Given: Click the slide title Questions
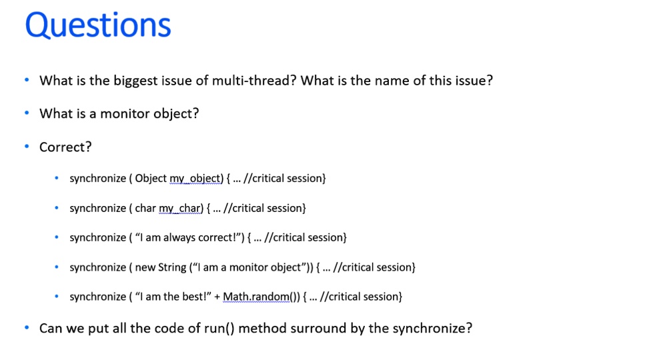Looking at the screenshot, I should [98, 26].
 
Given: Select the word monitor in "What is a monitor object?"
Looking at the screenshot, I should [125, 114].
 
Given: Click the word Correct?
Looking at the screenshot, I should [65, 147].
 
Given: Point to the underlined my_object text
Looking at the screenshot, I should [196, 179].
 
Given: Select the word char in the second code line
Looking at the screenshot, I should [145, 209].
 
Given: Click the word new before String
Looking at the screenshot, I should [145, 267].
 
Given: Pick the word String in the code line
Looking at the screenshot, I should [172, 267].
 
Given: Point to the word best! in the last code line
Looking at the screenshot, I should [199, 297].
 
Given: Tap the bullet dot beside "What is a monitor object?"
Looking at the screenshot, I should [27, 113].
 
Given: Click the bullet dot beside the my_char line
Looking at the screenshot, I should [57, 208].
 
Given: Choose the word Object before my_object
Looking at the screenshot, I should [151, 179].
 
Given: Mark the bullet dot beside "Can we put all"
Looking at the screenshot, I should [27, 328].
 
